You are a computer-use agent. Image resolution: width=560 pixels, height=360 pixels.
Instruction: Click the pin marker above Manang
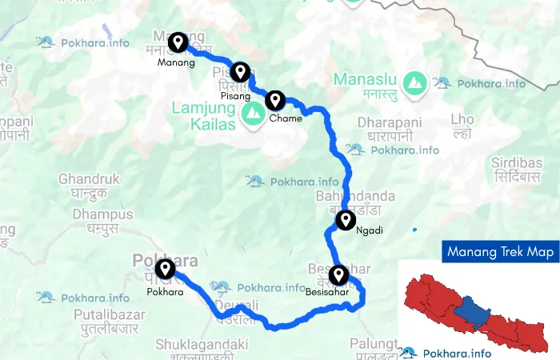pyautogui.click(x=178, y=41)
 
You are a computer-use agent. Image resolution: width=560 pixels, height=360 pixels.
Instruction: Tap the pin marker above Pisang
pyautogui.click(x=238, y=73)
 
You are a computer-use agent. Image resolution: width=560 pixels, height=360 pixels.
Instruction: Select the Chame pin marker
pyautogui.click(x=275, y=100)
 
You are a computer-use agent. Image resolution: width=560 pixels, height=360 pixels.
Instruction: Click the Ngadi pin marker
pyautogui.click(x=346, y=219)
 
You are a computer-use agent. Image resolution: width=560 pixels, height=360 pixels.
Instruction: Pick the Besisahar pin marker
pyautogui.click(x=339, y=275)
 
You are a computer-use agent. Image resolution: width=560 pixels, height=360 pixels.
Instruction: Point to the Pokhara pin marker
pyautogui.click(x=166, y=269)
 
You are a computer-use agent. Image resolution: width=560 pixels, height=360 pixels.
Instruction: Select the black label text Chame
pyautogui.click(x=286, y=118)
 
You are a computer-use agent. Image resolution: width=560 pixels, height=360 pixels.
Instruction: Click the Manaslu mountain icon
pyautogui.click(x=414, y=81)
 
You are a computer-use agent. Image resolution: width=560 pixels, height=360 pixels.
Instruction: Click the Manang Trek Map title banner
pyautogui.click(x=501, y=253)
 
